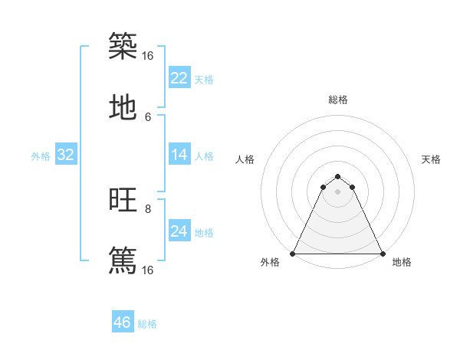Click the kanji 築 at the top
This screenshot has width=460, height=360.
pos(123,46)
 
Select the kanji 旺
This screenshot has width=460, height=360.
pos(123,200)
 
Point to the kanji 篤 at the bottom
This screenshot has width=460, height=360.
pos(123,260)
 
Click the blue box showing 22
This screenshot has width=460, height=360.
pos(179,78)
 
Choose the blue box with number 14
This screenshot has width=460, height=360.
pos(179,155)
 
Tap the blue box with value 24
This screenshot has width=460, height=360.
pos(179,231)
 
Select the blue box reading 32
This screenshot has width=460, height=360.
pos(66,155)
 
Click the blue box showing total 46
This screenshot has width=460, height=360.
pos(123,322)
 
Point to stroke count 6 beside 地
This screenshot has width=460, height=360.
pos(148,117)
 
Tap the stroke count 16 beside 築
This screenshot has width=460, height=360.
pos(148,56)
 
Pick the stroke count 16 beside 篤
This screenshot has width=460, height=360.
pos(148,270)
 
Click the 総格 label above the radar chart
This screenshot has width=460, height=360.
pos(338,100)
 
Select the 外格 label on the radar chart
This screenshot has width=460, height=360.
pos(270,263)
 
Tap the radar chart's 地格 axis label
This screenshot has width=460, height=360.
pos(402,263)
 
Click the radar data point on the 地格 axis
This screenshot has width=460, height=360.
pos(382,253)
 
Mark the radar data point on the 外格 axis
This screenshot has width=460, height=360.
pos(293,253)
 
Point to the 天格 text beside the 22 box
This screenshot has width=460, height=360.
pos(204,79)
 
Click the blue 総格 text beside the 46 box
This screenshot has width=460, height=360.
pos(147,324)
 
